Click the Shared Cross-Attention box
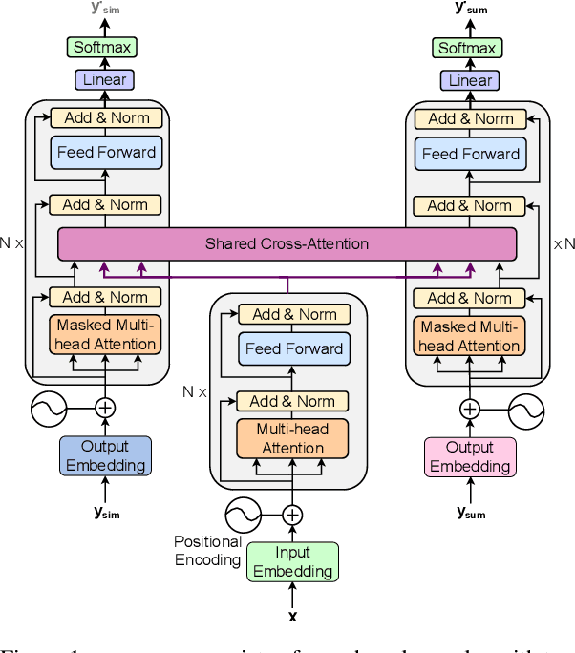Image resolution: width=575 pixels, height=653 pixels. tap(287, 244)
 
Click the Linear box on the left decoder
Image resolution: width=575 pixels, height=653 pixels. tap(105, 80)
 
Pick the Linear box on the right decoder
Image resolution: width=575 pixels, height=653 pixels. tap(470, 81)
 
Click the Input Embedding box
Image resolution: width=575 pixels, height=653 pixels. tap(292, 562)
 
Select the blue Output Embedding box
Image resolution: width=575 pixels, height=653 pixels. tap(105, 456)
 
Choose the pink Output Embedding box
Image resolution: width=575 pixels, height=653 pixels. tap(470, 456)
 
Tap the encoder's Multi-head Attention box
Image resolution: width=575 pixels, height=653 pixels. tap(292, 438)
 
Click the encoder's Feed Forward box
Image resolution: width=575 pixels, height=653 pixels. tap(292, 348)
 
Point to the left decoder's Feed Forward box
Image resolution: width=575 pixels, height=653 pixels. tap(105, 152)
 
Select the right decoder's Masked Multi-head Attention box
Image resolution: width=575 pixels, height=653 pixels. tap(470, 336)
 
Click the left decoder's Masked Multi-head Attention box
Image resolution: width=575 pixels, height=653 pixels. tap(105, 335)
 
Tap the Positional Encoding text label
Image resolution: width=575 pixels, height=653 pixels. tap(207, 551)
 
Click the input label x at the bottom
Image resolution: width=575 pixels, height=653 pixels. tap(292, 616)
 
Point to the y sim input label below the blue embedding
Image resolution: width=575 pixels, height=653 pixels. tap(107, 513)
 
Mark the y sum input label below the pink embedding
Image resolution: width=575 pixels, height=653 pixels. tap(471, 513)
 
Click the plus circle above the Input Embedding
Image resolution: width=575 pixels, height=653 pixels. tap(292, 516)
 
